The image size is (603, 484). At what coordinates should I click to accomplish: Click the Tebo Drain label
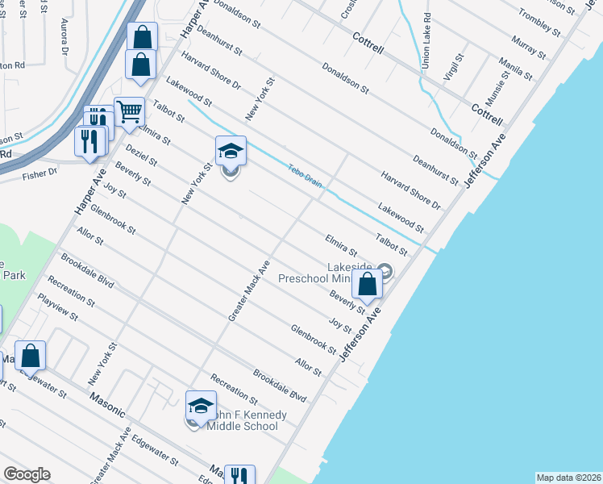coord(306,176)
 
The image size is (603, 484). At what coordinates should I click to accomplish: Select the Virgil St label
coord(455,68)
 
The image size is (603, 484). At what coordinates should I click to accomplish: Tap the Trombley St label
coord(539,21)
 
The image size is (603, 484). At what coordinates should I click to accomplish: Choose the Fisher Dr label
coord(40,172)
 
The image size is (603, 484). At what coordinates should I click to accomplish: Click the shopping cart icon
coord(128,112)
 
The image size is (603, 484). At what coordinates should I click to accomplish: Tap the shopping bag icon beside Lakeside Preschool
coord(367,285)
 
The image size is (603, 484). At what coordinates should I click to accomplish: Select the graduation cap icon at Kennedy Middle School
coord(201,406)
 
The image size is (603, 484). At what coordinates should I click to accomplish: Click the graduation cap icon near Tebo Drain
coord(231,151)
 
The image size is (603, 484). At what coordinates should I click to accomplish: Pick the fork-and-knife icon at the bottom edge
coord(239,476)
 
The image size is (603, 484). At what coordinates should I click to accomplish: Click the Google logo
coord(27,474)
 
